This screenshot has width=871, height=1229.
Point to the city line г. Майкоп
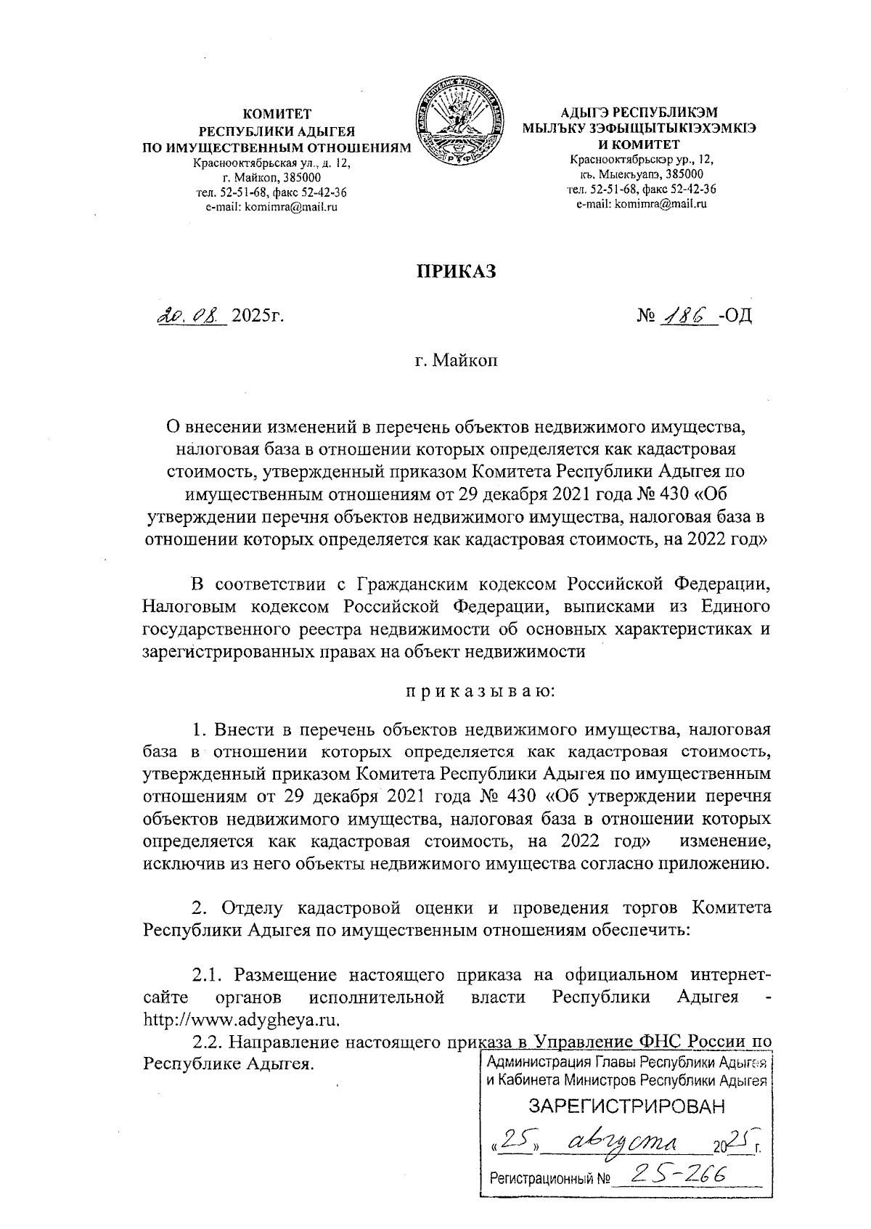pos(457,360)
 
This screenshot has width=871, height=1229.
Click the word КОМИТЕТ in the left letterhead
pos(277,113)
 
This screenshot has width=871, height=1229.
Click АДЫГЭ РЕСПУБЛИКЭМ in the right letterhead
pos(639,113)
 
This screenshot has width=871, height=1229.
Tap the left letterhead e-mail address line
pos(276,206)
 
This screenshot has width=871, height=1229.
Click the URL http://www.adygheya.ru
pos(242,1018)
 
